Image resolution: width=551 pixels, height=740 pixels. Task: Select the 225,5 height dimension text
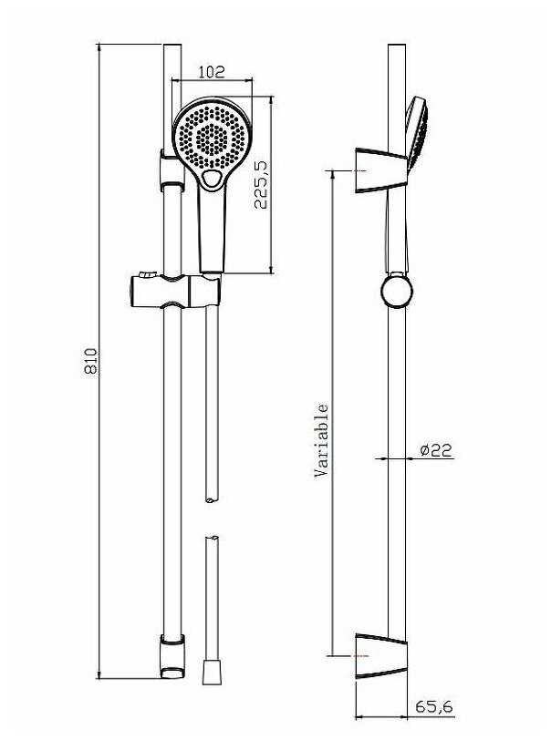[x=260, y=184]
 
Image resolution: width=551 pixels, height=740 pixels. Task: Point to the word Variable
[x=321, y=441]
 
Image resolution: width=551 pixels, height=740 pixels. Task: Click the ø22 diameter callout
[x=437, y=450]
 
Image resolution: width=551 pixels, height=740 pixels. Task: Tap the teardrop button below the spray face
[x=212, y=180]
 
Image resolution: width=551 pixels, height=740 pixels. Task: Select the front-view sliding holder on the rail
[x=175, y=292]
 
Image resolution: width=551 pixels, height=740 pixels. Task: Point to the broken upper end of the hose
[x=212, y=497]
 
